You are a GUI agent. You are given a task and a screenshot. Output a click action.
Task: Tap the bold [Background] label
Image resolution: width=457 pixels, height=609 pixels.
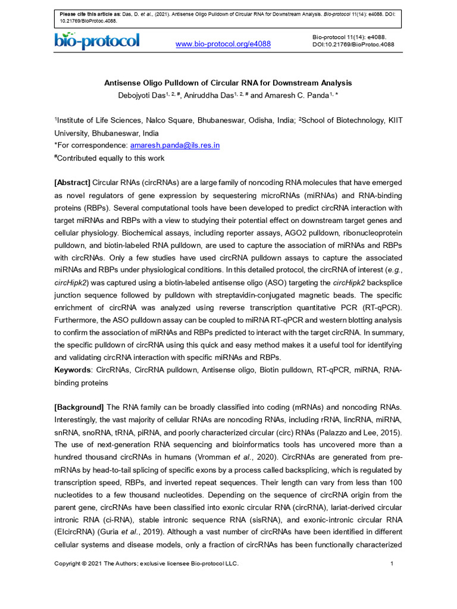coord(79,407)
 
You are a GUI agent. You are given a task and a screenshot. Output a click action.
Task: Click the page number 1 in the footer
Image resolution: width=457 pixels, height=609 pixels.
coord(392,564)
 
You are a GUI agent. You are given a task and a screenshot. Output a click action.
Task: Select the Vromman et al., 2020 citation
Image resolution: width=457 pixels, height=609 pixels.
coord(243,457)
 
